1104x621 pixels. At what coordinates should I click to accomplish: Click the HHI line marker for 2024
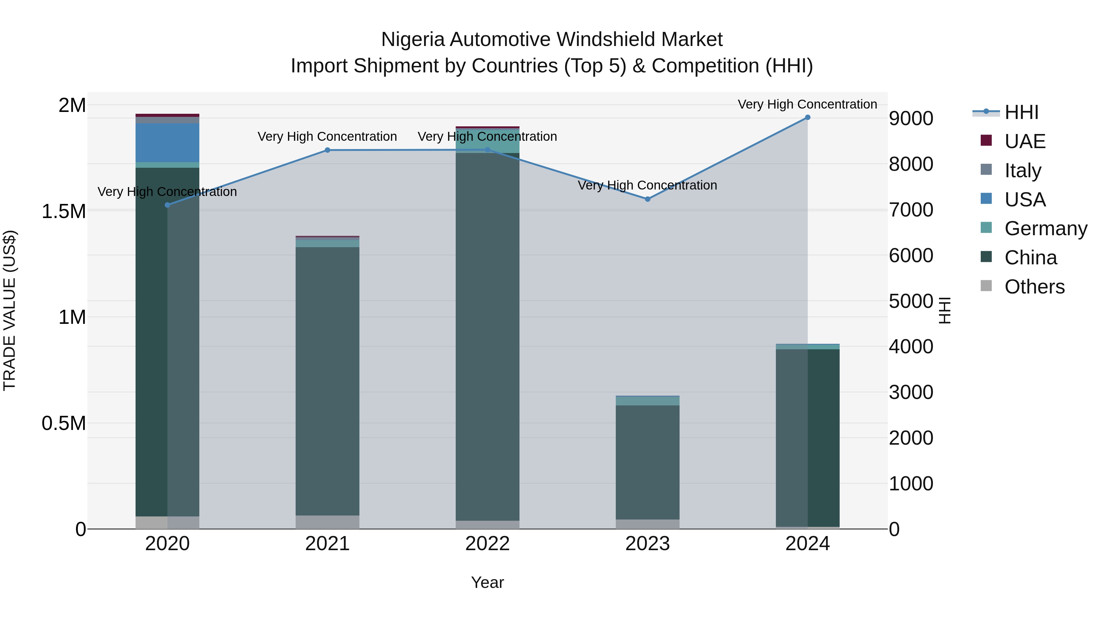click(x=807, y=117)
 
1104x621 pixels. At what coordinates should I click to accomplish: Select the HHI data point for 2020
click(x=167, y=205)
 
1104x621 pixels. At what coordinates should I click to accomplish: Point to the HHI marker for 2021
click(x=328, y=150)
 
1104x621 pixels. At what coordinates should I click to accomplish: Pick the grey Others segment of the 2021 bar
click(x=328, y=522)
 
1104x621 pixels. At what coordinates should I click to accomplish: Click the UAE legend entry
click(x=1024, y=141)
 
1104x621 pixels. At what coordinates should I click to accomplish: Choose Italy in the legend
click(x=1022, y=171)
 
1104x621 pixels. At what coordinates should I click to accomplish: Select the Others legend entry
click(x=1034, y=287)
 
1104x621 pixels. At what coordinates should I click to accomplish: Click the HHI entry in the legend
click(x=1021, y=112)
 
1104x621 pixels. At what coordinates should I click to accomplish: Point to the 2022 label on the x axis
click(x=487, y=544)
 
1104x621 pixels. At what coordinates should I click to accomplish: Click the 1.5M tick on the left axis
click(x=64, y=211)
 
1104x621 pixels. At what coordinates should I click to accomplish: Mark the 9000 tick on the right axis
click(x=911, y=119)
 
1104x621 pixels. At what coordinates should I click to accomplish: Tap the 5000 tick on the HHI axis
click(x=911, y=301)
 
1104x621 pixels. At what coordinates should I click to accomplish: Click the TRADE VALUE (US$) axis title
click(x=10, y=310)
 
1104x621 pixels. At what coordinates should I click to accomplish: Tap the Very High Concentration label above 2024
click(x=807, y=105)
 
